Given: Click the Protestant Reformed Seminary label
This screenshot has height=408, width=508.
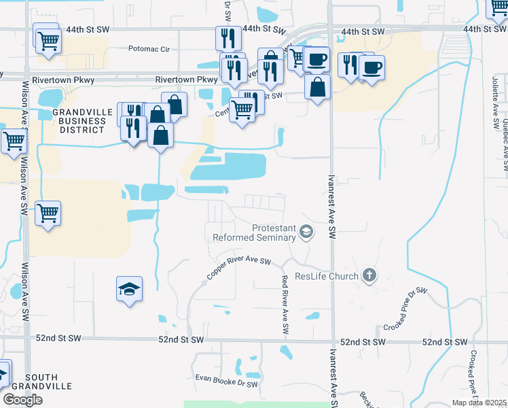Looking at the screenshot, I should coord(254,233).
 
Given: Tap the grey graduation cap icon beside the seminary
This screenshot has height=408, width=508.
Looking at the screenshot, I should coord(306,233).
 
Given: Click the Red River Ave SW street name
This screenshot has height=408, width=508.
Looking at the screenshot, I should coord(285,304).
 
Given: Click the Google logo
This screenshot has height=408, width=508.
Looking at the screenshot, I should coord(22,400).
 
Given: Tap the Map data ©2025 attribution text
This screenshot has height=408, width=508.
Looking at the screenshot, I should coord(479,403).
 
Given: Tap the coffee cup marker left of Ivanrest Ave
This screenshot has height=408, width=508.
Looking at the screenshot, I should coord(316,59).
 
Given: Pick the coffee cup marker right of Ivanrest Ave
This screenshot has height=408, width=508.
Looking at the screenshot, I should coord(372,68).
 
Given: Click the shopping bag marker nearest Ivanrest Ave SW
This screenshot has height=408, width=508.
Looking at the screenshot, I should coord(317,87).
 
